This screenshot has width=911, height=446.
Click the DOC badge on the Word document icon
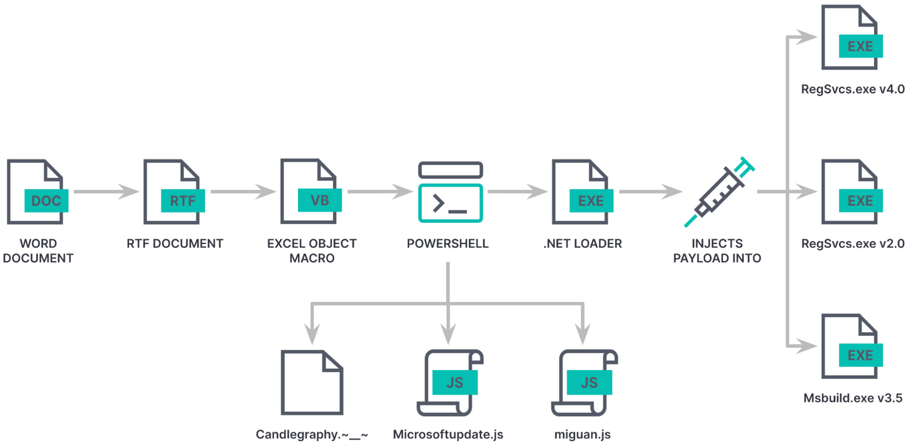pyautogui.click(x=46, y=201)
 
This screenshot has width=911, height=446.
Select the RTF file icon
pyautogui.click(x=171, y=192)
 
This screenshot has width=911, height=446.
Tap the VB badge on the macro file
pyautogui.click(x=319, y=201)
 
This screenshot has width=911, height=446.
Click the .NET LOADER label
pyautogui.click(x=583, y=244)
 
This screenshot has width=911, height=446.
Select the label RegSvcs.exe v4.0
pyautogui.click(x=852, y=89)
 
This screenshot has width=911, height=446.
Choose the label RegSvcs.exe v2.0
pyautogui.click(x=852, y=244)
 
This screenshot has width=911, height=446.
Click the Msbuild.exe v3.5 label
pyautogui.click(x=852, y=399)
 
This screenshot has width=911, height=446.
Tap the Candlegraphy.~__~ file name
pyautogui.click(x=312, y=435)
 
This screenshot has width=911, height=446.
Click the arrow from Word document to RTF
pyautogui.click(x=106, y=192)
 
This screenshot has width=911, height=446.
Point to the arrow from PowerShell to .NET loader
pyautogui.click(x=517, y=192)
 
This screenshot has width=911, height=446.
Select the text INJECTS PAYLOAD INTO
pyautogui.click(x=717, y=251)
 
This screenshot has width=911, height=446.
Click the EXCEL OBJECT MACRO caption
pyautogui.click(x=311, y=251)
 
